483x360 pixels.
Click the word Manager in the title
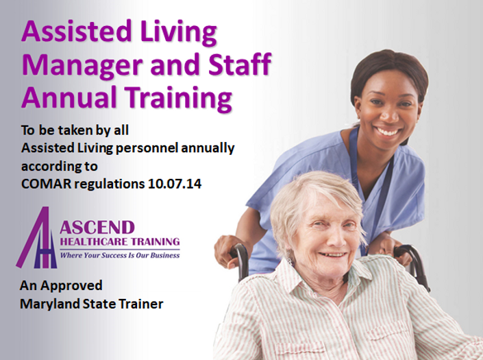tap(82, 65)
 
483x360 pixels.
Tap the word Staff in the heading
tap(240, 64)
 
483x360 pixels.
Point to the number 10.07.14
tap(175, 184)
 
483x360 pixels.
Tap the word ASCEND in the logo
tap(97, 228)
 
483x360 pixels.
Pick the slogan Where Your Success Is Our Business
tap(120, 255)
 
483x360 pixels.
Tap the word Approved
tap(71, 287)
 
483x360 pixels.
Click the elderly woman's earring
tap(290, 261)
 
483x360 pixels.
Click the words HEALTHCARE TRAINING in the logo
tap(120, 241)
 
